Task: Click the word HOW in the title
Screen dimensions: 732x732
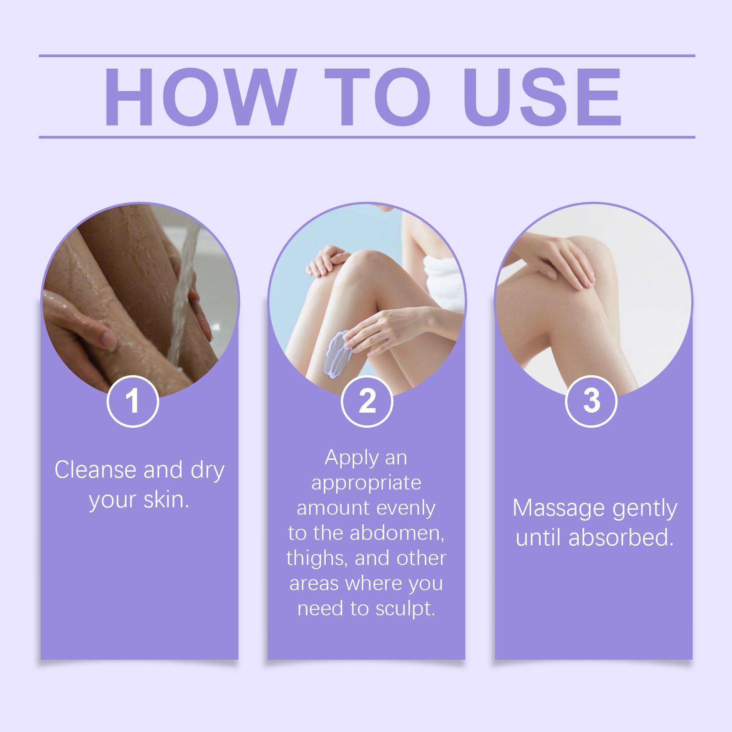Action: point(198,97)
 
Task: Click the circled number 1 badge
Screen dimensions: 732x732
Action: point(133,401)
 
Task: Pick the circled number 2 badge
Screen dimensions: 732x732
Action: point(367,401)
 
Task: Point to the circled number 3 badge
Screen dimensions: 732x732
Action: point(592,401)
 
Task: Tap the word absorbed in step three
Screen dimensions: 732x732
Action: point(621,538)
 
